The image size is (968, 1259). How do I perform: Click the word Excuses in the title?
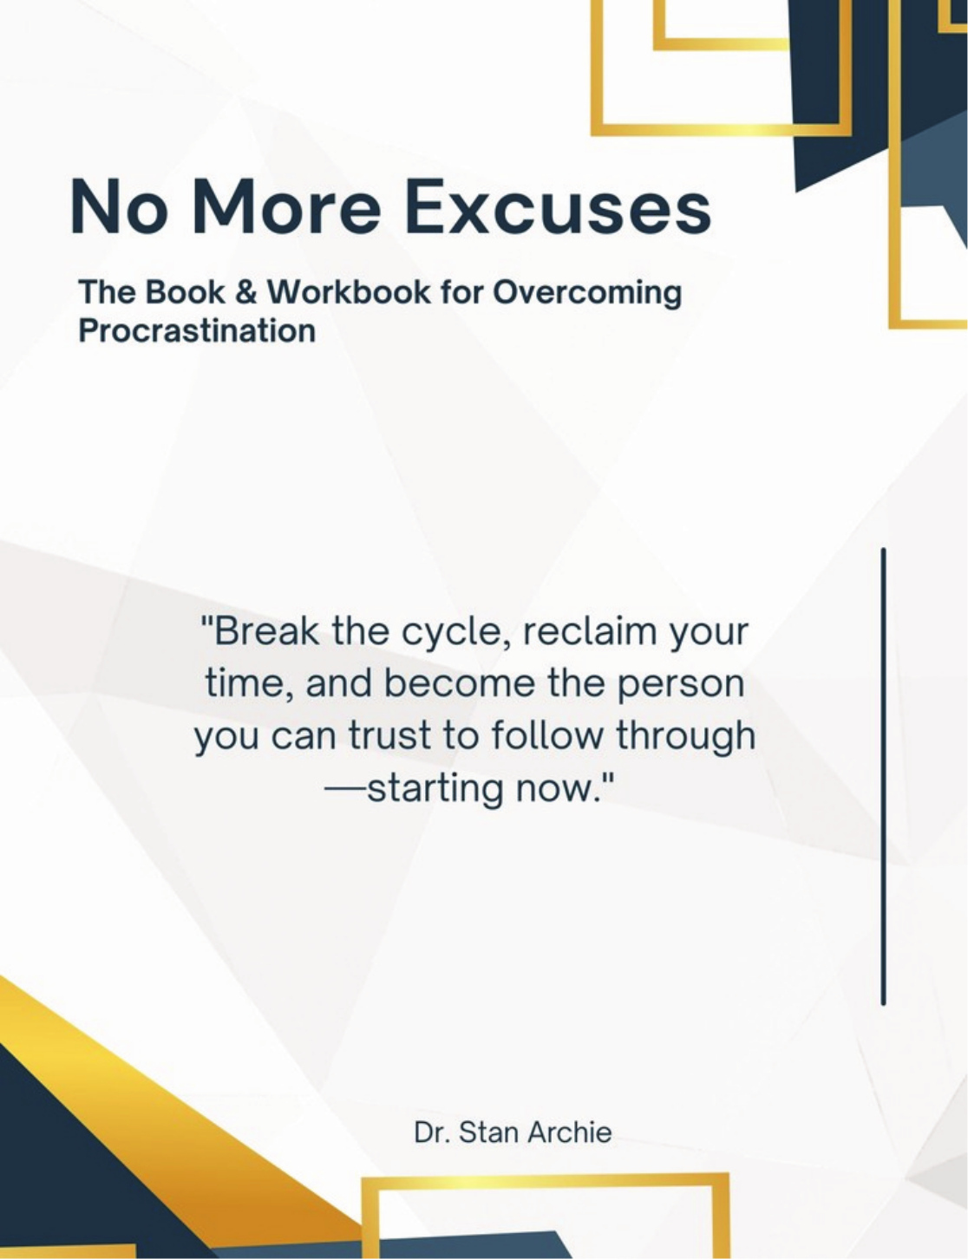pyautogui.click(x=558, y=207)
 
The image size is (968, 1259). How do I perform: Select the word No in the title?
pyautogui.click(x=118, y=207)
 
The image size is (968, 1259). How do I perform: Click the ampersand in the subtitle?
pyautogui.click(x=245, y=292)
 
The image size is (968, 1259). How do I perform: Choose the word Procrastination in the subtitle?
pyautogui.click(x=197, y=331)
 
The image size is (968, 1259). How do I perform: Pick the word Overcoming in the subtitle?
pyautogui.click(x=587, y=293)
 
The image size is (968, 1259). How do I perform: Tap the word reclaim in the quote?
pyautogui.click(x=591, y=631)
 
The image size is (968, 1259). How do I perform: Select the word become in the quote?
pyautogui.click(x=460, y=683)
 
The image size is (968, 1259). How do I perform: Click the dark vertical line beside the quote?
pyautogui.click(x=883, y=776)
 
